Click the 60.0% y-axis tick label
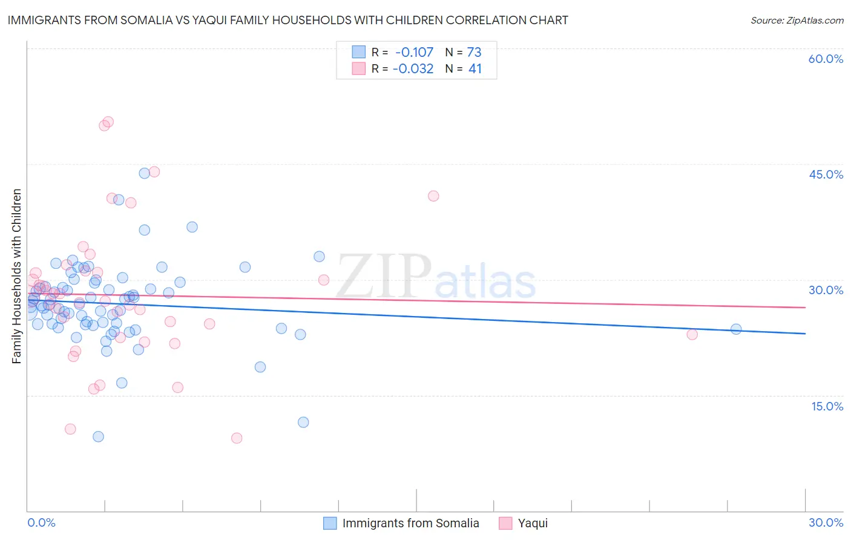pos(826,59)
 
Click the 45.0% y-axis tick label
pos(826,174)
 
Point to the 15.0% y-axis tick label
pos(827,406)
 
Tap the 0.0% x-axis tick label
pos(41,522)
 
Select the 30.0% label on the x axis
pos(826,522)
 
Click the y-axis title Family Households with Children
pos(16,276)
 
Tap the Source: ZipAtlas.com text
pos(797,20)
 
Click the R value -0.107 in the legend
pos(415,52)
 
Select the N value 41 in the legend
pos(475,69)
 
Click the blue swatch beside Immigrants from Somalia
pos(330,523)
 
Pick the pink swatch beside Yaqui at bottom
pos(505,523)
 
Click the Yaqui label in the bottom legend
pos(533,523)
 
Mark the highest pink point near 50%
pos(108,122)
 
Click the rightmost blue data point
pos(736,329)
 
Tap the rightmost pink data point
pos(692,334)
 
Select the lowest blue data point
pos(98,436)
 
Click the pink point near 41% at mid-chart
pos(433,196)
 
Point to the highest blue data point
pos(144,173)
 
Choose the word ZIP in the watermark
pos(384,276)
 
